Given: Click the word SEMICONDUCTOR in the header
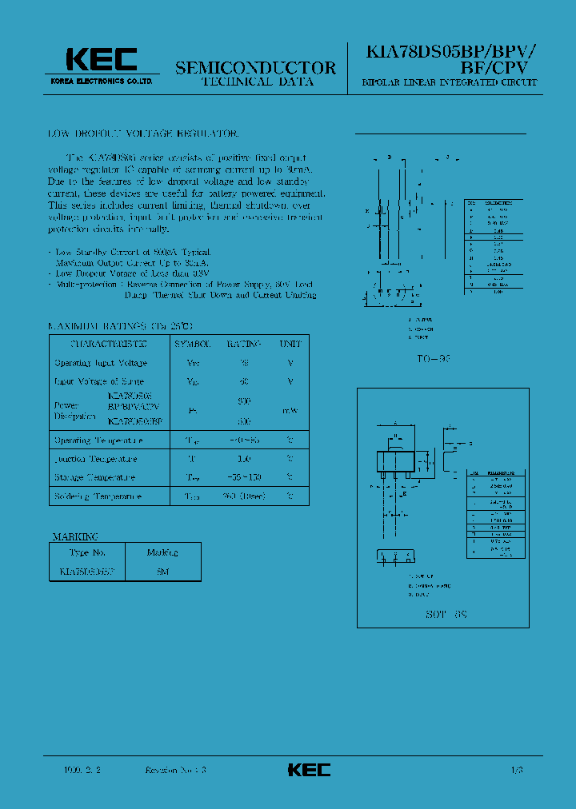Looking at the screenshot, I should pos(255,68).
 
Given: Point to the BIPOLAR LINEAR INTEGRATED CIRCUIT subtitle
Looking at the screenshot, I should pos(450,83).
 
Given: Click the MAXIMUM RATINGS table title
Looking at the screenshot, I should pos(121,326).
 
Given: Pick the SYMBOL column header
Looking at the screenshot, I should pos(192,344).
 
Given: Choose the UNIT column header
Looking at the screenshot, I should pos(290,344).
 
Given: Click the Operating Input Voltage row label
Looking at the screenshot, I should pos(101,363).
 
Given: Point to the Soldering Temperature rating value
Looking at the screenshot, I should pos(243,496).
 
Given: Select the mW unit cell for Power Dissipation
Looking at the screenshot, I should pos(290,410).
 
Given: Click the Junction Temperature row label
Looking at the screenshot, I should pos(95,459).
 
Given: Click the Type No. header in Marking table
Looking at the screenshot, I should pos(87,552).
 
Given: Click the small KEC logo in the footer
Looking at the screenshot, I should pos(309,770).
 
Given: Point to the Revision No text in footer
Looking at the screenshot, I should pos(175,770).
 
